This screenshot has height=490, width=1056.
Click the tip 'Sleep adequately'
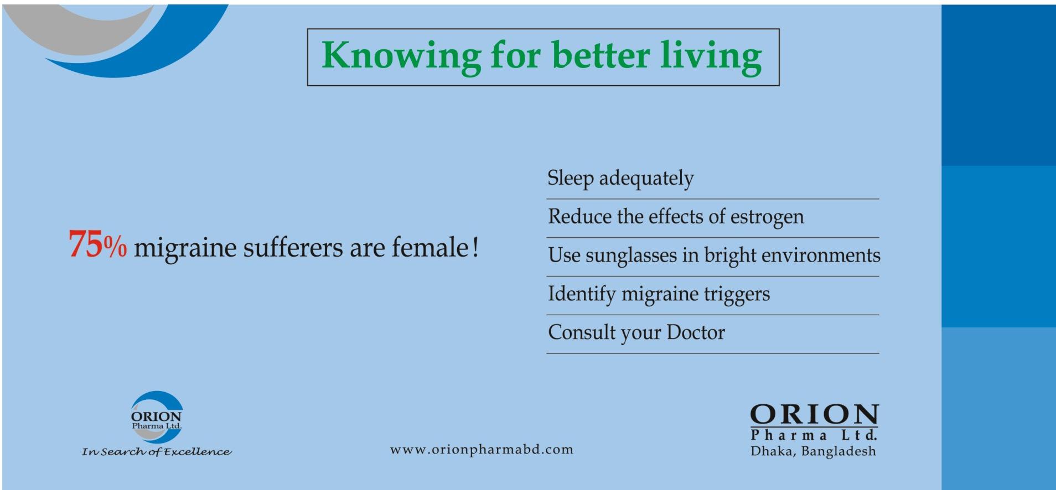[x=620, y=179]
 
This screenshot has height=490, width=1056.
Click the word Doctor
[x=696, y=332]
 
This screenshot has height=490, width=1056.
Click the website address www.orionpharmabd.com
[x=482, y=450]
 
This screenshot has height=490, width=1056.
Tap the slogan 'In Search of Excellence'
[x=157, y=452]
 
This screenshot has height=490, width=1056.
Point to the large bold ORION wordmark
[x=814, y=415]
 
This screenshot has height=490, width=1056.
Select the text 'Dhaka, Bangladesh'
[x=813, y=451]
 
